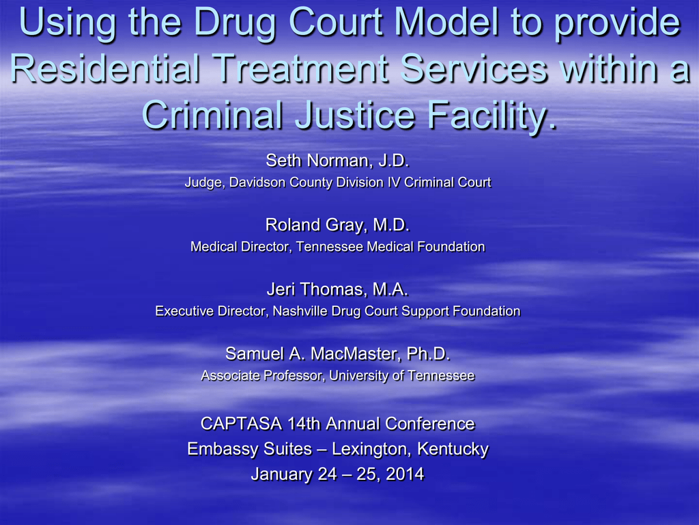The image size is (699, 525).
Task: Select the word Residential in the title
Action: tap(104, 68)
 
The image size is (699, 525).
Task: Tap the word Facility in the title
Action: tap(491, 115)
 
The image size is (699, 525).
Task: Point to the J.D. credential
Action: tap(393, 160)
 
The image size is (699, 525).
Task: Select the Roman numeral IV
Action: tap(394, 182)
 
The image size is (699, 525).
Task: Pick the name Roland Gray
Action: tap(315, 225)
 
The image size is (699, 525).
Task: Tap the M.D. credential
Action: tap(391, 224)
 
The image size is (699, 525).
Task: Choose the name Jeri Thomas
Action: tap(315, 289)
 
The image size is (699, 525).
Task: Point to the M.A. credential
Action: tap(390, 289)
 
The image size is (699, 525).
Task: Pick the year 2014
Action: tap(405, 474)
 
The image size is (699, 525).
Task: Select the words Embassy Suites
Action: tap(249, 448)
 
